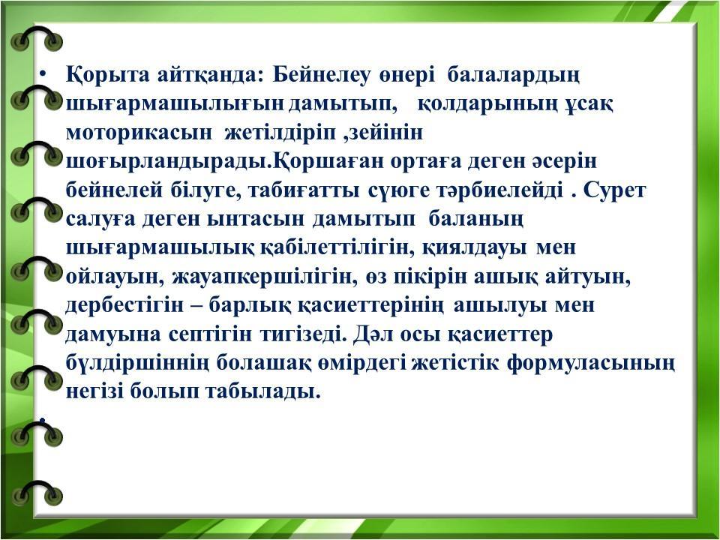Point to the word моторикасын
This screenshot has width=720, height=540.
pos(139,133)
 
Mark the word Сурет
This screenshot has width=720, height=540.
pos(614,190)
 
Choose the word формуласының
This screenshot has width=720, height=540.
pos(592,364)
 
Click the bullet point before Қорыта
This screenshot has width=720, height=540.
pos(43,74)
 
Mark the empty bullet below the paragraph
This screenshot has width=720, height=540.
pos(43,420)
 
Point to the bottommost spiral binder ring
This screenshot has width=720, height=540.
pos(36,492)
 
